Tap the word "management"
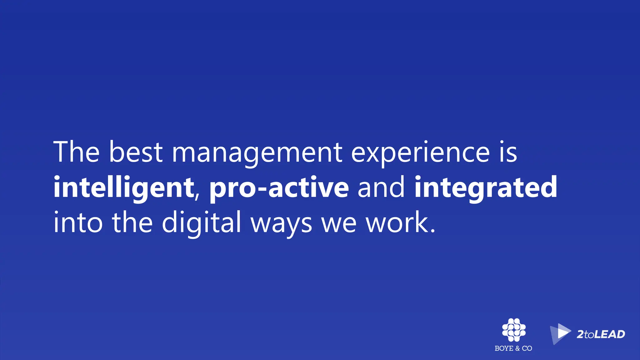pyautogui.click(x=257, y=153)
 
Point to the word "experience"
pyautogui.click(x=420, y=153)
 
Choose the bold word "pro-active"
pyautogui.click(x=279, y=188)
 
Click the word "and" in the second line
pyautogui.click(x=381, y=187)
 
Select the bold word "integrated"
pyautogui.click(x=486, y=188)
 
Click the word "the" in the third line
pyautogui.click(x=132, y=222)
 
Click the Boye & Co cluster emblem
pyautogui.click(x=514, y=330)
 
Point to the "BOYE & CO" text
pyautogui.click(x=513, y=348)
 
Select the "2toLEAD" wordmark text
pyautogui.click(x=601, y=334)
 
